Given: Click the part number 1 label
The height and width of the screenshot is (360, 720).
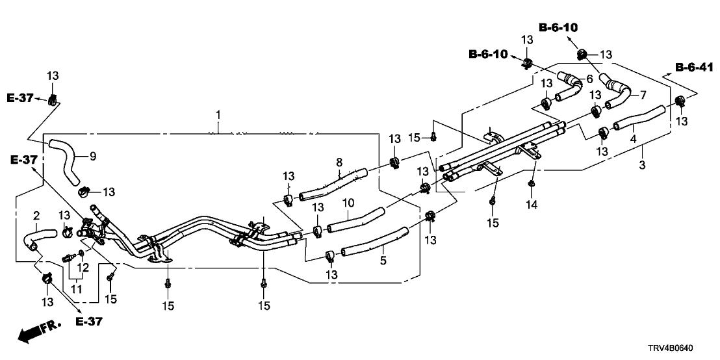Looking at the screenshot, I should [x=218, y=115].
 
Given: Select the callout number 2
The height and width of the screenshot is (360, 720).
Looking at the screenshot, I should [x=36, y=215].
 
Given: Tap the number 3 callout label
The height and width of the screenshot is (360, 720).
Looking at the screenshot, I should [x=642, y=165].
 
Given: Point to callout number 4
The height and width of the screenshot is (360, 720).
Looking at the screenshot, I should [x=632, y=138].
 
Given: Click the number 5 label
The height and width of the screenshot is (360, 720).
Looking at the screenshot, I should [x=383, y=261].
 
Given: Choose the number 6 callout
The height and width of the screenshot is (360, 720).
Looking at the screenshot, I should [x=589, y=78].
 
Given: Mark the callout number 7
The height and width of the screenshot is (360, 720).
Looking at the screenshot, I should [x=643, y=95].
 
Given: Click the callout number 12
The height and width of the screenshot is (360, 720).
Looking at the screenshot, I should [x=83, y=268].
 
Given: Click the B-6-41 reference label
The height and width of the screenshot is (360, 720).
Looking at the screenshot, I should [x=697, y=67].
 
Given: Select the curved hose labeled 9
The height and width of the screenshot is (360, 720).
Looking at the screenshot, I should [x=65, y=156].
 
